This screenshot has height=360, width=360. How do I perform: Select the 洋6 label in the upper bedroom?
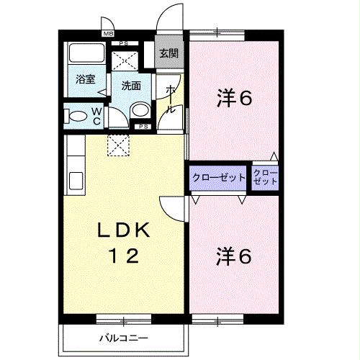pyautogui.click(x=234, y=99)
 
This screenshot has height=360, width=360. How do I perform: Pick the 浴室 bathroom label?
pyautogui.click(x=85, y=79)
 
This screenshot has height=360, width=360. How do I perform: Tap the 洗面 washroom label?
pyautogui.click(x=130, y=85)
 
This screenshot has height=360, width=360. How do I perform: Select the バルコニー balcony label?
pyautogui.click(x=123, y=337)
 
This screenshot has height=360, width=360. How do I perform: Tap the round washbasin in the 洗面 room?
pyautogui.click(x=141, y=110)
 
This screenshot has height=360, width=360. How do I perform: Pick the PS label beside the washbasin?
pyautogui.click(x=143, y=127)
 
